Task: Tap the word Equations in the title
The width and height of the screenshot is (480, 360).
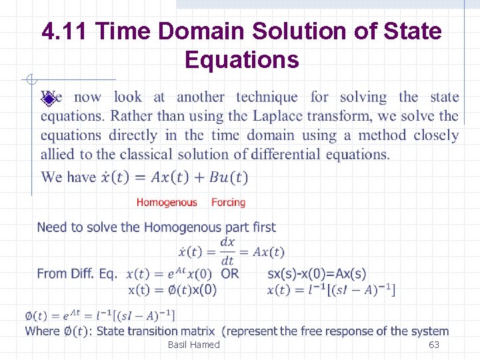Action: pyautogui.click(x=241, y=60)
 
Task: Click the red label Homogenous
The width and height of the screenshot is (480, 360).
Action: pyautogui.click(x=167, y=202)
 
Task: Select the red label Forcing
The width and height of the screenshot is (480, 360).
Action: pyautogui.click(x=228, y=202)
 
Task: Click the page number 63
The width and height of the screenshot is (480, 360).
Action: pyautogui.click(x=433, y=345)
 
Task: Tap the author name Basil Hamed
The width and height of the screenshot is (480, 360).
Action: pyautogui.click(x=193, y=345)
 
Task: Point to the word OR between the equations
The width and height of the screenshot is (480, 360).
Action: pyautogui.click(x=230, y=273)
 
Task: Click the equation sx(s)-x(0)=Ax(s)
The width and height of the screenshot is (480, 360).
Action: pyautogui.click(x=317, y=273)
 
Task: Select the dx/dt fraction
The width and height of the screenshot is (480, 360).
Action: pyautogui.click(x=228, y=251)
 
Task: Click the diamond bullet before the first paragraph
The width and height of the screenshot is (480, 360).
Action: pyautogui.click(x=48, y=99)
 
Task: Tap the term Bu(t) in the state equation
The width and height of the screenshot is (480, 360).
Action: pyautogui.click(x=227, y=177)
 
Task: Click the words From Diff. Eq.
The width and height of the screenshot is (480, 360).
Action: pyautogui.click(x=77, y=273)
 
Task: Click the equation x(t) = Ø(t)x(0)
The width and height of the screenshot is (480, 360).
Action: pyautogui.click(x=172, y=289)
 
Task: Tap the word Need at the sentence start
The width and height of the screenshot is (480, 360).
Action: pyautogui.click(x=51, y=227)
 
